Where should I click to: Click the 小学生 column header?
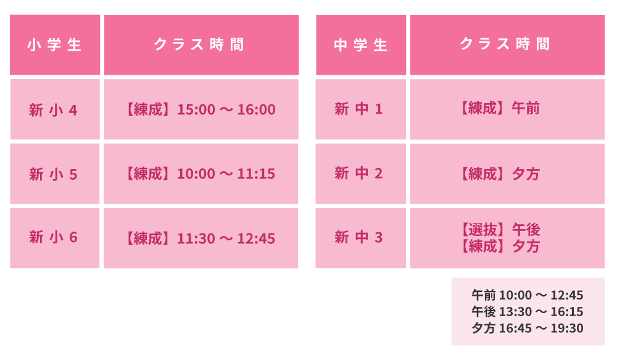pyautogui.click(x=54, y=45)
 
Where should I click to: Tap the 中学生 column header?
pyautogui.click(x=360, y=45)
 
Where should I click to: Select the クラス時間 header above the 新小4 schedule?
pyautogui.click(x=199, y=44)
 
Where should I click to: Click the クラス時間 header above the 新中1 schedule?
pyautogui.click(x=505, y=44)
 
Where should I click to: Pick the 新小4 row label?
pyautogui.click(x=53, y=110)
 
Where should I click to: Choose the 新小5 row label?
pyautogui.click(x=53, y=174)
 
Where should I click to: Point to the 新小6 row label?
pyautogui.click(x=53, y=238)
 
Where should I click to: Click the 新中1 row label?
pyautogui.click(x=358, y=109)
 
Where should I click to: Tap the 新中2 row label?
pyautogui.click(x=358, y=174)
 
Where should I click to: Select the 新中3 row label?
pyautogui.click(x=358, y=238)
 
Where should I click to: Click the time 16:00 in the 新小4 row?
pyautogui.click(x=256, y=109)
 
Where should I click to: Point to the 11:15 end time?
pyautogui.click(x=256, y=174)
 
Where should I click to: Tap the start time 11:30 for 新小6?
pyautogui.click(x=196, y=238)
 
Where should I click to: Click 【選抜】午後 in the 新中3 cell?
pyautogui.click(x=500, y=229)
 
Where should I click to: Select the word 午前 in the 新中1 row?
pyautogui.click(x=526, y=108)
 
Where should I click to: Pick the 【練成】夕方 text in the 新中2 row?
pyautogui.click(x=500, y=174)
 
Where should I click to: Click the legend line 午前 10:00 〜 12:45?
pyautogui.click(x=528, y=295)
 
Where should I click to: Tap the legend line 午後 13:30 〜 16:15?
pyautogui.click(x=528, y=311)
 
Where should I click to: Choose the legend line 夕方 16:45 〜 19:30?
pyautogui.click(x=528, y=328)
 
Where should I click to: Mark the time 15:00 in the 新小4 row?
pyautogui.click(x=196, y=109)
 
